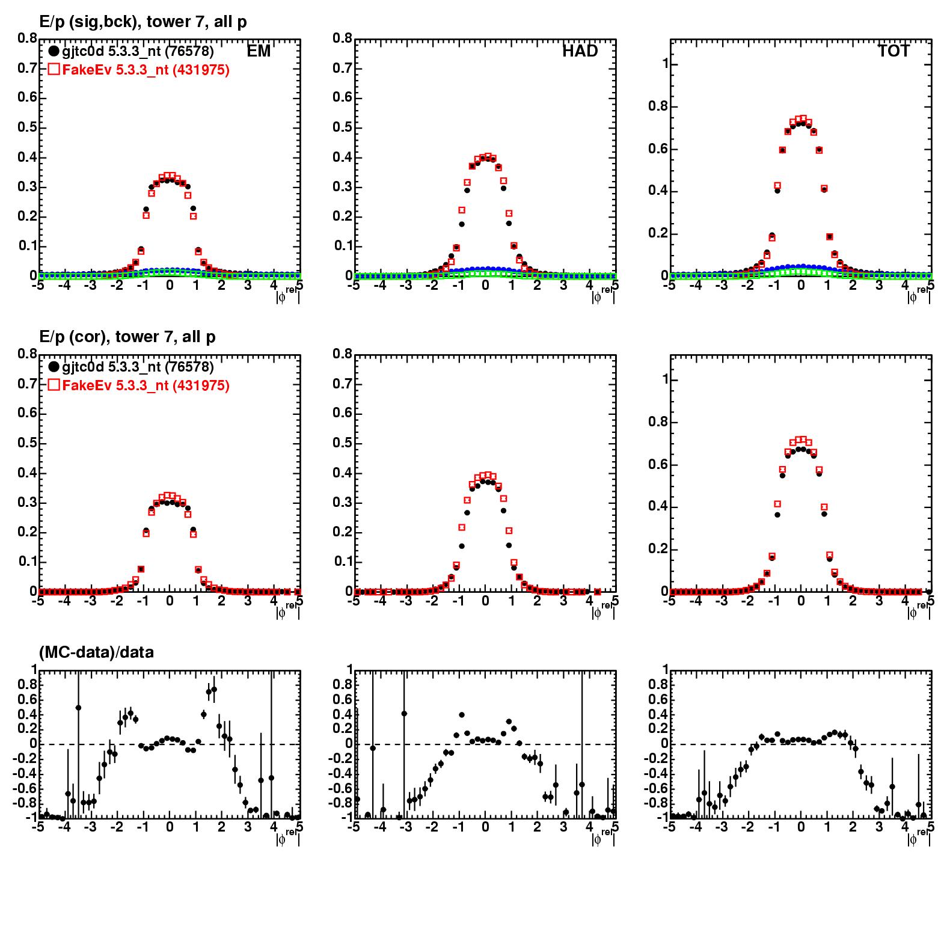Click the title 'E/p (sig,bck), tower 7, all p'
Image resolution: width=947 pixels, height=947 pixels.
(x=143, y=22)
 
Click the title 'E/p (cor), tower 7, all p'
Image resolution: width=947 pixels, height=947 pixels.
(x=127, y=337)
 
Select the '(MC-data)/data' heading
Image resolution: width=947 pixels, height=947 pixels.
(x=96, y=652)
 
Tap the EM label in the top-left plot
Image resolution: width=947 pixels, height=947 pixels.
(x=259, y=52)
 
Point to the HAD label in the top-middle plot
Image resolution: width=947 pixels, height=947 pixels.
(x=580, y=52)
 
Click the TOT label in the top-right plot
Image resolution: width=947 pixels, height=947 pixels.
(x=893, y=52)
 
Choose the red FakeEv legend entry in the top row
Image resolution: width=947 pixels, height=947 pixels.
(x=138, y=70)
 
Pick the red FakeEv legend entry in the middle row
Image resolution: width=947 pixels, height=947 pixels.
(x=138, y=385)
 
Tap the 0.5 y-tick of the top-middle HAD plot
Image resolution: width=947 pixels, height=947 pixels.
(x=342, y=127)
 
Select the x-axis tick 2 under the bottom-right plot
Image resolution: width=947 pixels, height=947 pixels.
(x=853, y=827)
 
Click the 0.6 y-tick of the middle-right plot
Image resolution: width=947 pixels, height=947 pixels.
(x=657, y=465)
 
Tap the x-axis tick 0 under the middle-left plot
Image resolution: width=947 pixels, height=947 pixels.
(x=170, y=601)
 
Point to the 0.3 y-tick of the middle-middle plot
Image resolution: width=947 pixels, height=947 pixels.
(x=342, y=503)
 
